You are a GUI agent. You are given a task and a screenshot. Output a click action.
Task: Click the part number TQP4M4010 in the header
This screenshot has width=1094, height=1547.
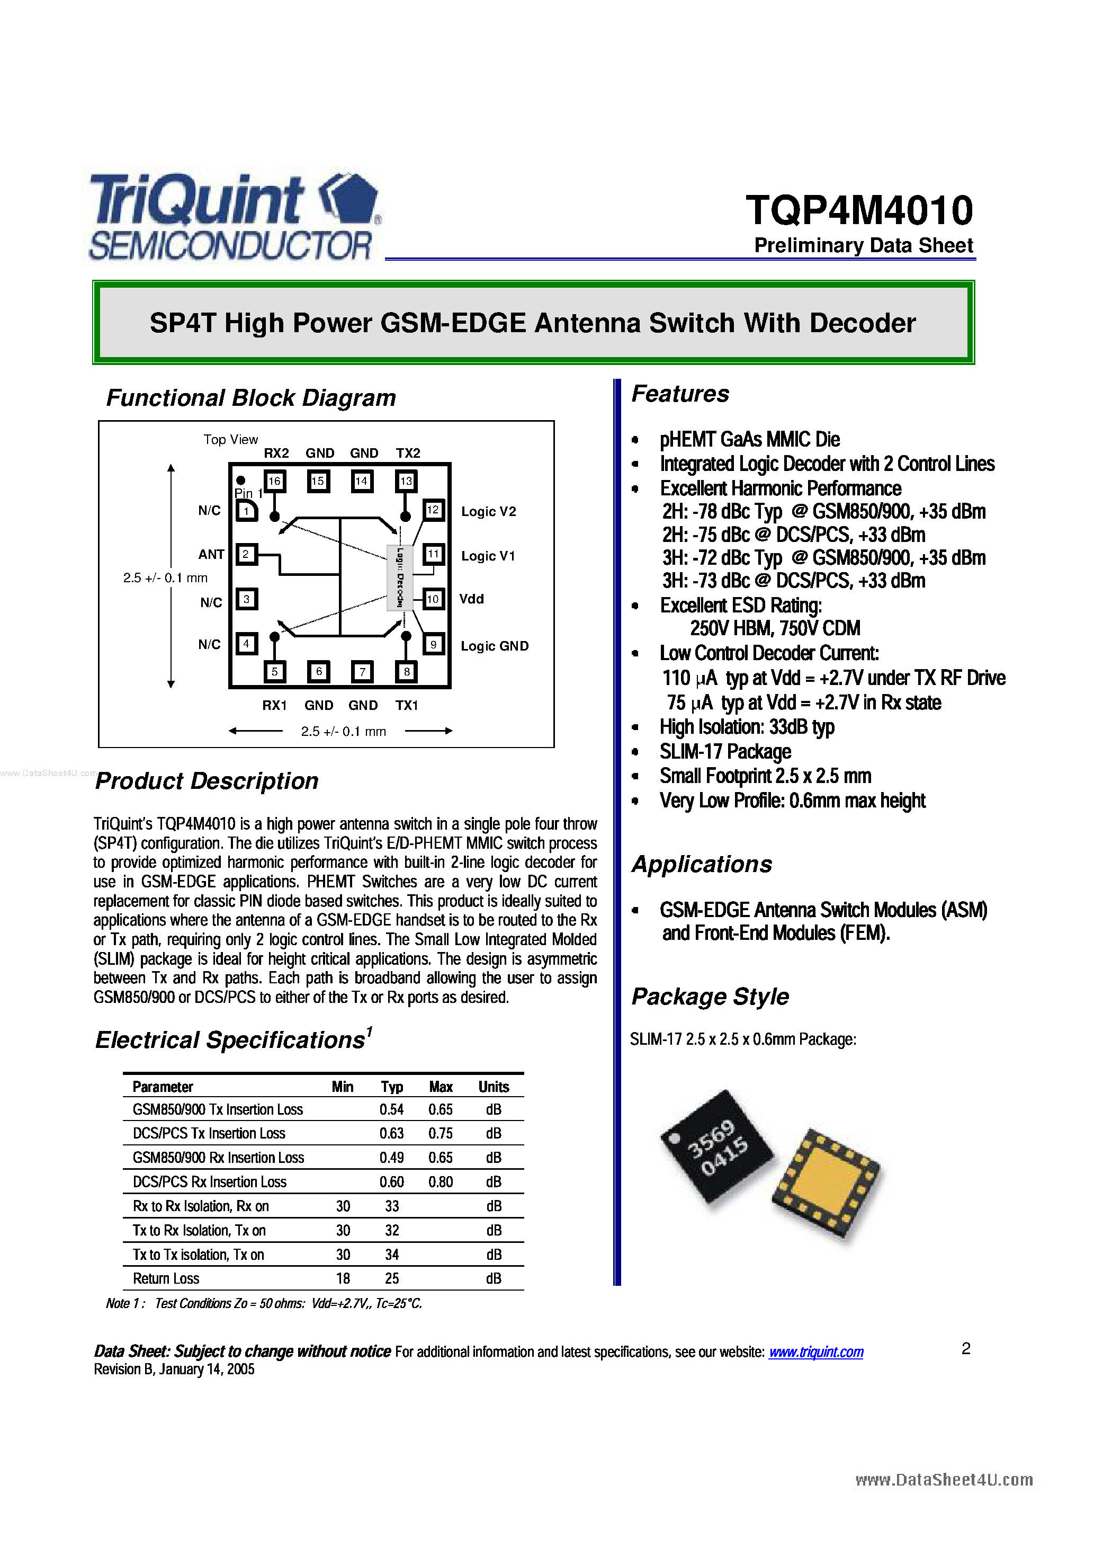859,210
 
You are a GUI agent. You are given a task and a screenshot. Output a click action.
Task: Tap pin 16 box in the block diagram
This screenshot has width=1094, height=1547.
274,481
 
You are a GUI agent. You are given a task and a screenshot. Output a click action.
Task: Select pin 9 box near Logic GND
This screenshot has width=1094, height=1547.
433,644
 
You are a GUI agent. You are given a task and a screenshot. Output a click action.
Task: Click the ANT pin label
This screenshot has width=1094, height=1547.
211,555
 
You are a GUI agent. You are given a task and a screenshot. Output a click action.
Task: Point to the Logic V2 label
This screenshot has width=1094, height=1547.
488,511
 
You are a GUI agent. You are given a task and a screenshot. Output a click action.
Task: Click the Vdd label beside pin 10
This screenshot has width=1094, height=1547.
472,599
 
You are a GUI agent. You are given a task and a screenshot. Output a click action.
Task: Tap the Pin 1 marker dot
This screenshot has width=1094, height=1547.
240,481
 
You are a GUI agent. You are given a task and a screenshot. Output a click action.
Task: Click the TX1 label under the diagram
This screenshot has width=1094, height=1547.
407,706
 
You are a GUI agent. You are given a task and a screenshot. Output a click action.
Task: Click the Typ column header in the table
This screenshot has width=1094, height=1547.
391,1087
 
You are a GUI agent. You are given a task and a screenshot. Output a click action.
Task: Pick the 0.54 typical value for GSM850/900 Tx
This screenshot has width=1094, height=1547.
391,1110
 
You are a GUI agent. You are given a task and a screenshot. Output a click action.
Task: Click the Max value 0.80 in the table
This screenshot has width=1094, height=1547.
441,1182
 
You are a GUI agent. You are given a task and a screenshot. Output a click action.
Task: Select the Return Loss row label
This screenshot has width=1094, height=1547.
166,1279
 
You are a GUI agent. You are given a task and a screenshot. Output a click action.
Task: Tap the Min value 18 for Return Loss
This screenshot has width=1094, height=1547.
343,1279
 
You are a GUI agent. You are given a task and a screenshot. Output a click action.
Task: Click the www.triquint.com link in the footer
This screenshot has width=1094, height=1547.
816,1352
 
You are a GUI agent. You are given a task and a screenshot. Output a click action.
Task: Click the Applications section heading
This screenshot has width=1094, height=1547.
701,865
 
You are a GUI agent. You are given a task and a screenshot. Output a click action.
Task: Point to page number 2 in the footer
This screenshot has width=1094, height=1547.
965,1349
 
